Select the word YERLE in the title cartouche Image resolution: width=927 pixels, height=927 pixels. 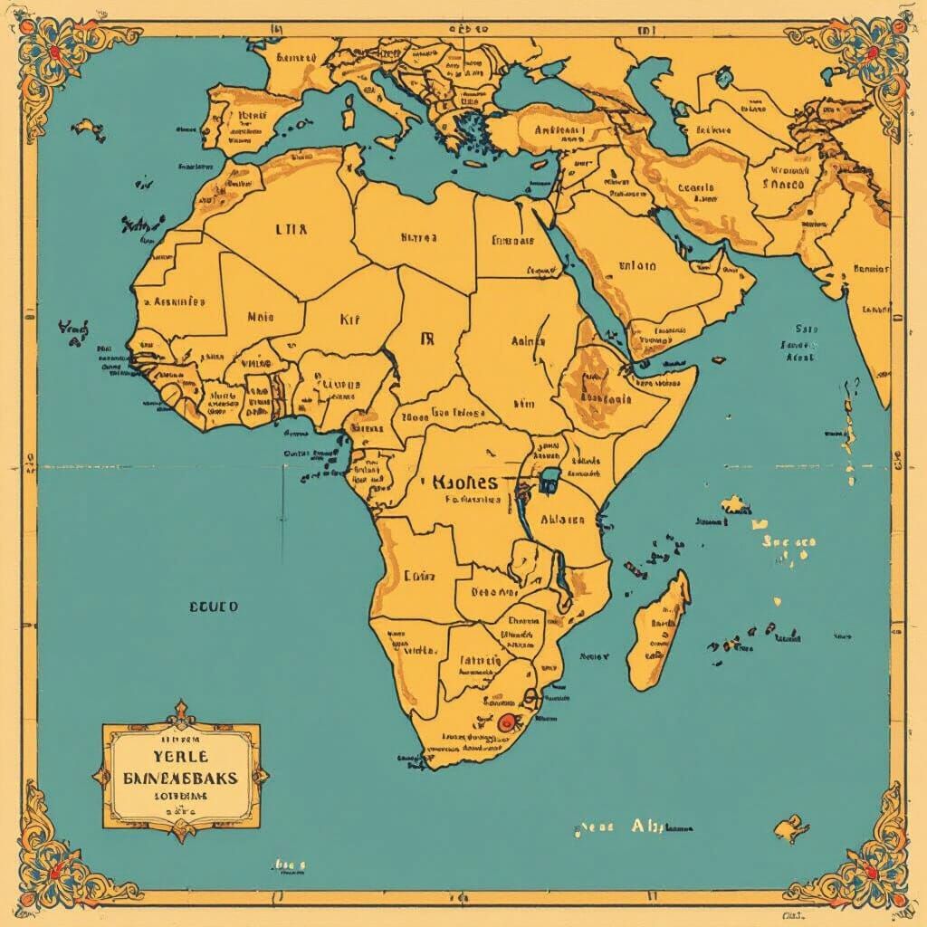coord(180,755)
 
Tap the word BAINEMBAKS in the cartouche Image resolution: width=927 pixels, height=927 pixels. coord(181,778)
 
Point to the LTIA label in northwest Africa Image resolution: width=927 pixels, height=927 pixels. coord(291,230)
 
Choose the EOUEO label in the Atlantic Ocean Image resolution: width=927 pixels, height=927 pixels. coord(214,607)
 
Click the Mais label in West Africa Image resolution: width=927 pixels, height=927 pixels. coord(261,318)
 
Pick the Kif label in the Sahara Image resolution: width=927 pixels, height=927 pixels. coord(349,319)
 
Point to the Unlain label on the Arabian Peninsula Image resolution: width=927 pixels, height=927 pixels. coord(637,266)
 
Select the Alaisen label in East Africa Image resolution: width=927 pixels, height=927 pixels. coord(561,520)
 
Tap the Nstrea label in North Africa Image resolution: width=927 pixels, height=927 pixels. coord(418,238)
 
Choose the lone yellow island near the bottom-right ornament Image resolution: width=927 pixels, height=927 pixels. coord(789,827)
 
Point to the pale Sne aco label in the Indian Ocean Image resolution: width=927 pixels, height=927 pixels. coord(789,542)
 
